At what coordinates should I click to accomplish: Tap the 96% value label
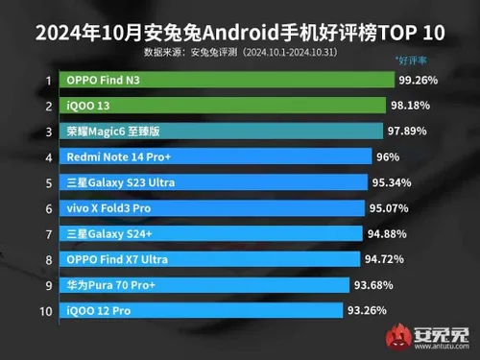(389, 156)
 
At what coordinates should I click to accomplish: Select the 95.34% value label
(393, 182)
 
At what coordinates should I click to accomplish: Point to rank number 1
(46, 81)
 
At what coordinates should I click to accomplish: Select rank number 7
(46, 233)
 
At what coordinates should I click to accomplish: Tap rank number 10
(46, 310)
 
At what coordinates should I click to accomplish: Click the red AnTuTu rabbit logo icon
(397, 338)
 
